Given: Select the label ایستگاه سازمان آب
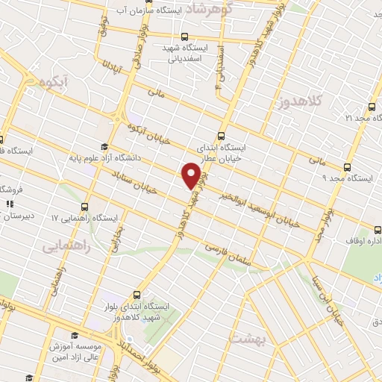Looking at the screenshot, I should (165, 12).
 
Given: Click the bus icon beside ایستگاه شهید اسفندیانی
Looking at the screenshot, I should (184, 37).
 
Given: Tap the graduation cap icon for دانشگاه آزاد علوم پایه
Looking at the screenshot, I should (104, 146).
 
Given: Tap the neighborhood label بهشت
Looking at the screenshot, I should (248, 336).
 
